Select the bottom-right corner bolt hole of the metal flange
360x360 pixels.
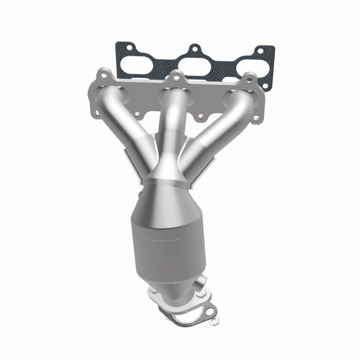(x=256, y=119)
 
